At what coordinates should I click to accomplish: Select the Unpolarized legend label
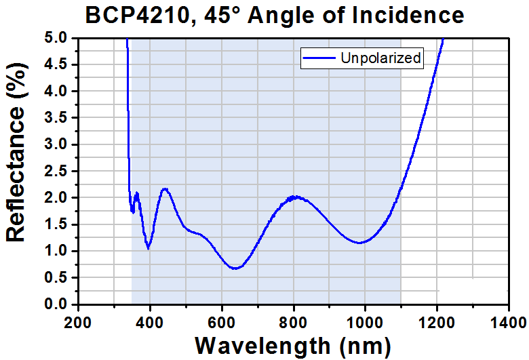381,59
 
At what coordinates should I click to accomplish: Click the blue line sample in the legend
320,59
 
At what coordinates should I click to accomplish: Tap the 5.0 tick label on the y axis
58,38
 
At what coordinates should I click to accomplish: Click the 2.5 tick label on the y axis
58,172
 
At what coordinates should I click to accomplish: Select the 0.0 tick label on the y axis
58,304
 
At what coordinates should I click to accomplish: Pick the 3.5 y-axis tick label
58,118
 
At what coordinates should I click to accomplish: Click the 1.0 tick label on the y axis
58,252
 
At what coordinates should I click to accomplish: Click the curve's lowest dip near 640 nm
235,268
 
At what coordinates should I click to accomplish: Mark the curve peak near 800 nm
294,197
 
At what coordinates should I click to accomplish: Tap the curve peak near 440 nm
165,189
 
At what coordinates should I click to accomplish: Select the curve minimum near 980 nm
359,243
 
